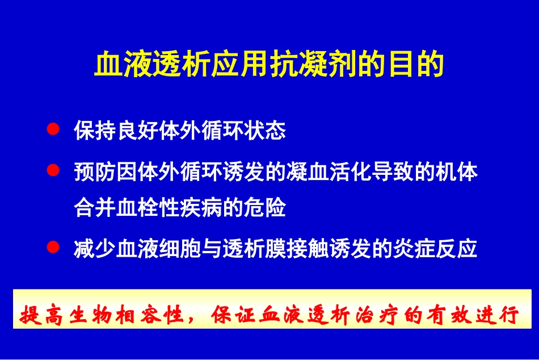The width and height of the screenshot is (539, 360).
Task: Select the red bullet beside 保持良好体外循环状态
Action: [53, 129]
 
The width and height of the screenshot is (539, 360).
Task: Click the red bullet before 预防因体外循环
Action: [53, 170]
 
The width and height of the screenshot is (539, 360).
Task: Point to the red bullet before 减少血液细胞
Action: [53, 247]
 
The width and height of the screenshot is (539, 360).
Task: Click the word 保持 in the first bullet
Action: [95, 131]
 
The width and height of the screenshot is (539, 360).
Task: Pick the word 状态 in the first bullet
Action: [264, 131]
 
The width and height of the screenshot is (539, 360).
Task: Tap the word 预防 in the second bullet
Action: [95, 172]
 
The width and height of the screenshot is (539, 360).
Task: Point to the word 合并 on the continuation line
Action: [95, 208]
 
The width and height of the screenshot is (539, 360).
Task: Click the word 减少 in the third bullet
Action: [95, 249]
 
